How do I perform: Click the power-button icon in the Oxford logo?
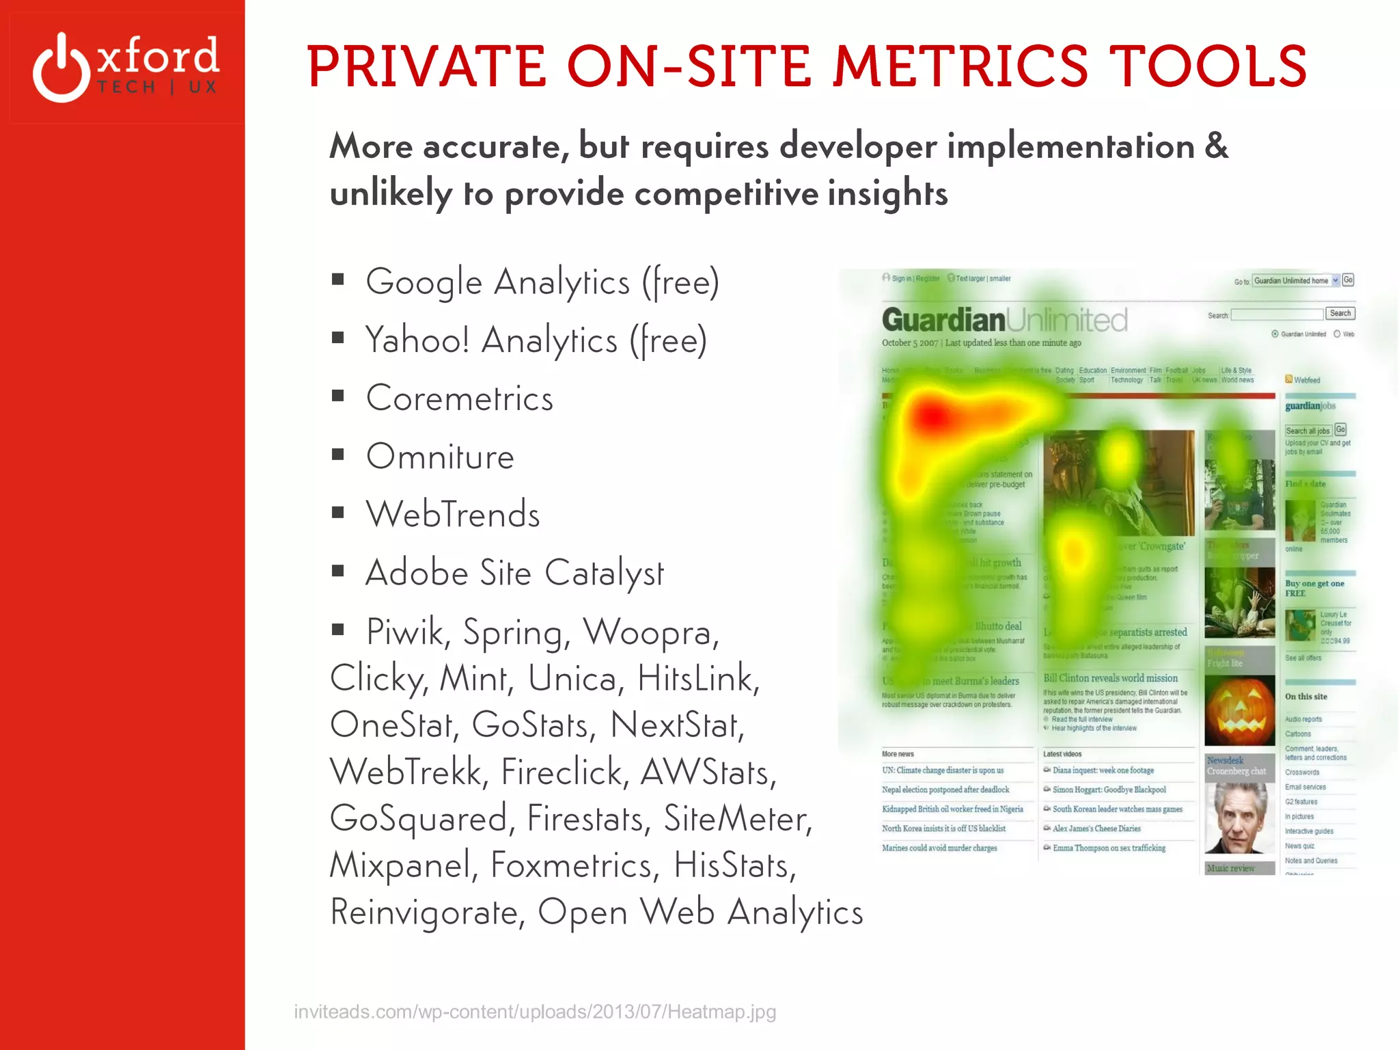point(61,68)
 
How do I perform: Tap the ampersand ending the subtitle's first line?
point(1216,146)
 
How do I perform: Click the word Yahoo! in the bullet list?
point(417,340)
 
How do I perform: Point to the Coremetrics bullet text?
point(459,399)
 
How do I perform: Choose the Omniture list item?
point(440,457)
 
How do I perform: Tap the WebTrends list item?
point(453,515)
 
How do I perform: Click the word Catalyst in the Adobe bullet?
point(604,573)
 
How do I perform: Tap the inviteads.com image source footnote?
point(535,1012)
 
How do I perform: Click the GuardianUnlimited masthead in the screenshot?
point(1004,320)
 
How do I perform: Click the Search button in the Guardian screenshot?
point(1340,313)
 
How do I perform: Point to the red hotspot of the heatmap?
point(932,414)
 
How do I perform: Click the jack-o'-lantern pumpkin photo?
point(1239,711)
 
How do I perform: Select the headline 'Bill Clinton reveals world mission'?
point(1110,678)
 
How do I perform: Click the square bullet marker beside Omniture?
point(337,455)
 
